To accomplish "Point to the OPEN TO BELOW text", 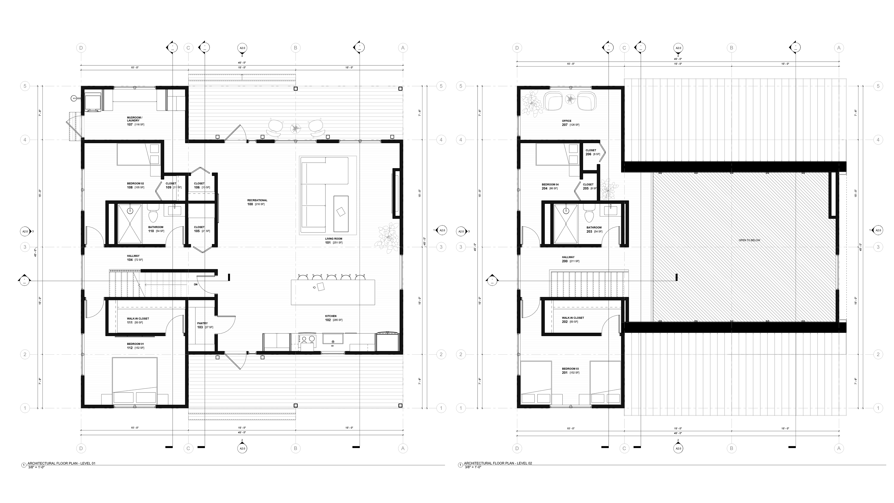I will [749, 240].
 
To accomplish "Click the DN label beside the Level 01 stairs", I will [196, 285].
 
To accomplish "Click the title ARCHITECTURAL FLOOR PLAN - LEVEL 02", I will [498, 463].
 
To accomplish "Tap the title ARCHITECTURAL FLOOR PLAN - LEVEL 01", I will [61, 463].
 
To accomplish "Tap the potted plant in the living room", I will [388, 238].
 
